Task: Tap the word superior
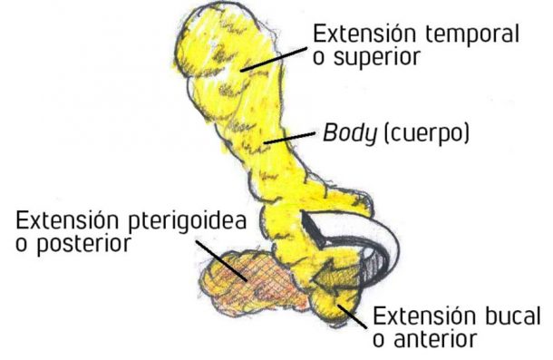(x=366, y=58)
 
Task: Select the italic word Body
(x=345, y=134)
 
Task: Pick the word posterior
(x=80, y=245)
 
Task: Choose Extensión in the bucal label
(x=412, y=316)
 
